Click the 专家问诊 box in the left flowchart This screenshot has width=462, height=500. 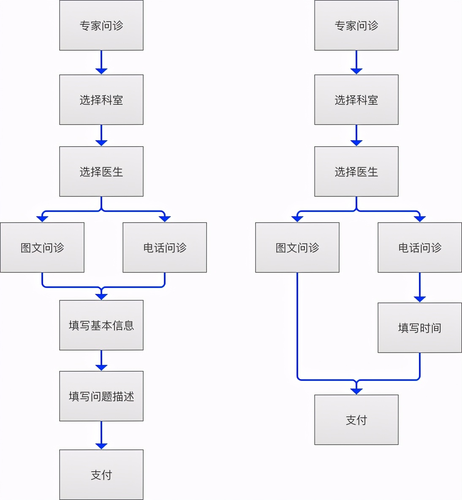(101, 25)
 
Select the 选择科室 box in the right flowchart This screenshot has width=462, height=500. (356, 100)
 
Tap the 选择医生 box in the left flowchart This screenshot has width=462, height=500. (101, 171)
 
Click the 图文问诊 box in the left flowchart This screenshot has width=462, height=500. (42, 247)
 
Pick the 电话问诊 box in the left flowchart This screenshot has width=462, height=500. (165, 247)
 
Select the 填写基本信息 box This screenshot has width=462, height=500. (101, 325)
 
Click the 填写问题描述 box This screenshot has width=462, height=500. (101, 396)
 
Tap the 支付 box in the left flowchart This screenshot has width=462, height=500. (101, 475)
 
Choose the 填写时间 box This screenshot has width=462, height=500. (419, 328)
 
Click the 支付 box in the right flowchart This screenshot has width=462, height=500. (356, 420)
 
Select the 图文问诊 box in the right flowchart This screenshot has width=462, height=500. (297, 247)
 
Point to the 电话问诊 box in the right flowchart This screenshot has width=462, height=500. (419, 247)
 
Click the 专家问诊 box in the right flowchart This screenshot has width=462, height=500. (356, 25)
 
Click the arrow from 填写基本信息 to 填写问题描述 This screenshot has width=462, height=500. (101, 360)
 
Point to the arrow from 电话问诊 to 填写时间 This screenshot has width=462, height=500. (419, 287)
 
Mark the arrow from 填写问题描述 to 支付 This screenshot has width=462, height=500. (101, 435)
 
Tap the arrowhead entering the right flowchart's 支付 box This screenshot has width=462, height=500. (356, 391)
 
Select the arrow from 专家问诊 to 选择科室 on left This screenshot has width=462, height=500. (101, 62)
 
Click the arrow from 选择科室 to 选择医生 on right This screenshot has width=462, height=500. (356, 135)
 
